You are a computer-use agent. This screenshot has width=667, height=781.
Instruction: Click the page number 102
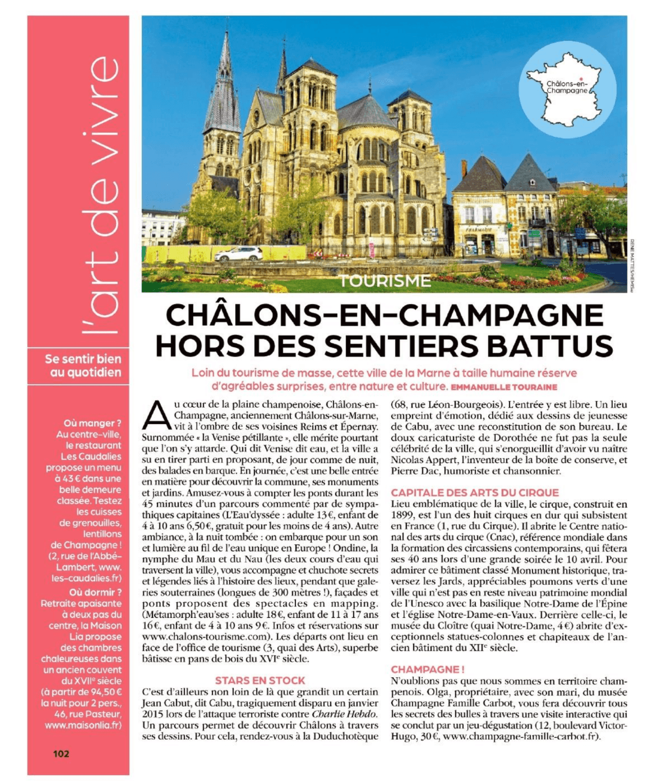(61, 753)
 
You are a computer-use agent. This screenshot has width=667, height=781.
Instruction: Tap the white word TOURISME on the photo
(385, 281)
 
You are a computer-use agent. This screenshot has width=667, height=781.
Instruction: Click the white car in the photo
(238, 253)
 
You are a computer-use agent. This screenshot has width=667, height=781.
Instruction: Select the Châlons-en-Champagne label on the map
(567, 87)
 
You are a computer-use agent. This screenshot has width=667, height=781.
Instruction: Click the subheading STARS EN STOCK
(260, 681)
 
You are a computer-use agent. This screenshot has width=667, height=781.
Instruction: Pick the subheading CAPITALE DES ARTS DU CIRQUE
(474, 493)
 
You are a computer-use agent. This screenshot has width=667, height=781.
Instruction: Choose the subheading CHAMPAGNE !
(428, 670)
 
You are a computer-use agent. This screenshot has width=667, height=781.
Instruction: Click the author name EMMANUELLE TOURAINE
(504, 387)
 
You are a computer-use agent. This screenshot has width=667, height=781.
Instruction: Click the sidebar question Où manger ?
(93, 423)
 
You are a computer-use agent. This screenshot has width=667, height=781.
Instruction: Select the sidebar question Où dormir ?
(95, 592)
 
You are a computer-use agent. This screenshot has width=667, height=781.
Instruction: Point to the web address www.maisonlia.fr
(83, 725)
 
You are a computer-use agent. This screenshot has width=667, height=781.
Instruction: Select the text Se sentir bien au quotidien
(83, 366)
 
